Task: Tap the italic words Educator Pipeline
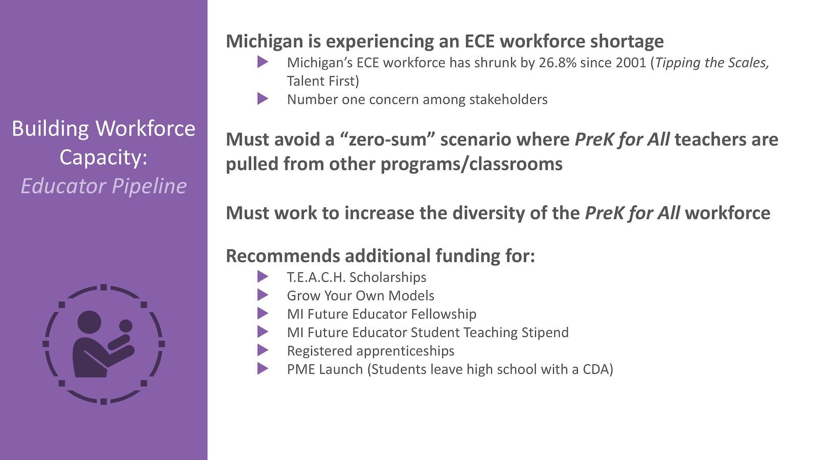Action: coord(104,186)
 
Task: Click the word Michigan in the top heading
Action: coord(264,41)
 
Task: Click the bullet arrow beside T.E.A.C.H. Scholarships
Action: coord(263,277)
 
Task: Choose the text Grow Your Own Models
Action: coord(360,296)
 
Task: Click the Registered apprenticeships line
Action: coord(371,351)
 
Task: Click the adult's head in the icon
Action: coord(89,322)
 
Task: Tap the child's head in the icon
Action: coord(126,326)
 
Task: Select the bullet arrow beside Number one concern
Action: coord(263,99)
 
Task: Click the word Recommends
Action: coord(283,256)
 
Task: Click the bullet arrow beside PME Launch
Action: coord(263,369)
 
